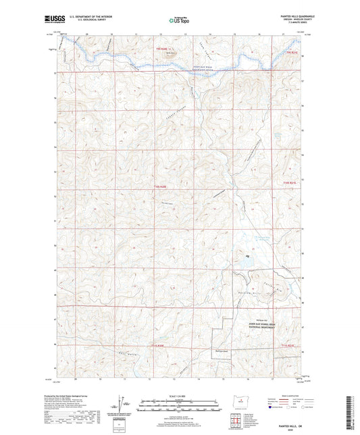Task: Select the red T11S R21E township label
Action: [288, 345]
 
